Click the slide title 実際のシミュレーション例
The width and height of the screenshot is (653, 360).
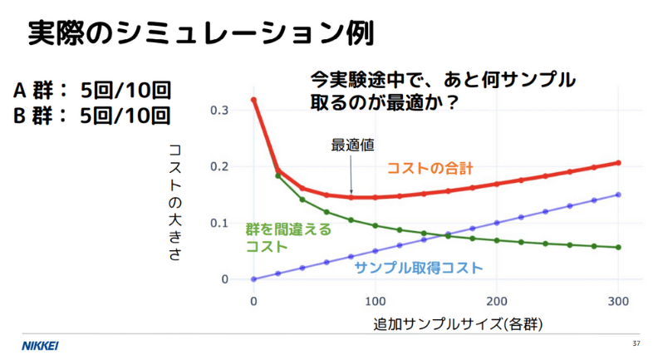(199, 32)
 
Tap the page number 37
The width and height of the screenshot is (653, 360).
(636, 344)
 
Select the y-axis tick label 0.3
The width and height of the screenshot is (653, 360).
(218, 111)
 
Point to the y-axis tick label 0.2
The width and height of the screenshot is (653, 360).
(218, 166)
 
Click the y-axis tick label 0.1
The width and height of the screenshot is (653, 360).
(218, 223)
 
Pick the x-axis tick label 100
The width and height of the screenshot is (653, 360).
(376, 299)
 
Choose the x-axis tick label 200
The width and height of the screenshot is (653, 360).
(497, 299)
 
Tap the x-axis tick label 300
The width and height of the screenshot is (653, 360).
(618, 299)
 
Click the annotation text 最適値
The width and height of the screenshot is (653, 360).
(352, 145)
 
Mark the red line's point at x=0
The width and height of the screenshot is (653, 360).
(253, 100)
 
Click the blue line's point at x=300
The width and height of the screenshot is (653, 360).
(618, 195)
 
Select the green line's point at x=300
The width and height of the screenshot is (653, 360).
(618, 247)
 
